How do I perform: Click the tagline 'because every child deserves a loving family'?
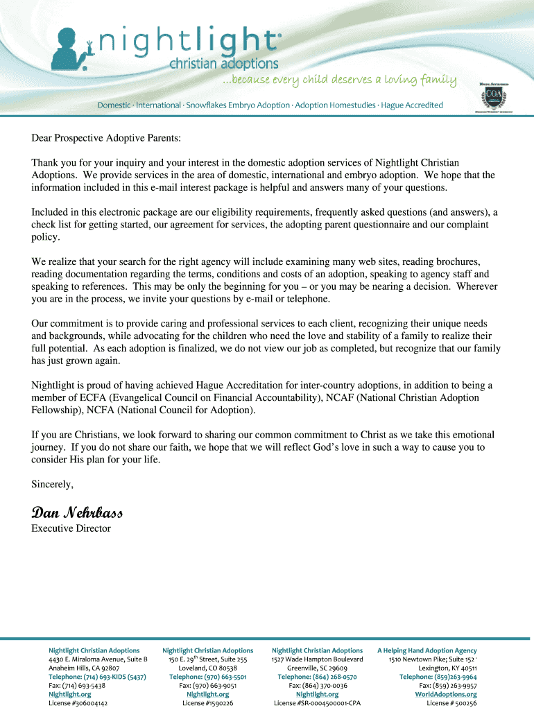tap(339, 80)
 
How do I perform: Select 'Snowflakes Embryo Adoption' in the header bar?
tap(236, 105)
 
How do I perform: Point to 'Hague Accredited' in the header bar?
tap(412, 105)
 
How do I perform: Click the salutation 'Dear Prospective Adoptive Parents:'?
tap(106, 139)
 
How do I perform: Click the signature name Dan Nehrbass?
tap(77, 513)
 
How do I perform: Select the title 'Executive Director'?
tap(71, 528)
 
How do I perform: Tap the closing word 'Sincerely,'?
tap(52, 483)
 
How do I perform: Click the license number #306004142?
tap(78, 702)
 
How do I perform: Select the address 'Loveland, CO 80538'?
tap(207, 668)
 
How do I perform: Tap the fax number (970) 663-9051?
tap(207, 685)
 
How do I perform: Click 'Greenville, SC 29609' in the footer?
tap(317, 668)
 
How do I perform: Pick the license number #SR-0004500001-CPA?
tap(317, 702)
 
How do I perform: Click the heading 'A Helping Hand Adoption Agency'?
tap(427, 650)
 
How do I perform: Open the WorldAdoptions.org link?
tap(446, 694)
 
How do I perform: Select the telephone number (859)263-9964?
tap(438, 677)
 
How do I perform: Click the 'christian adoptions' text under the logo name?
tap(224, 64)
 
